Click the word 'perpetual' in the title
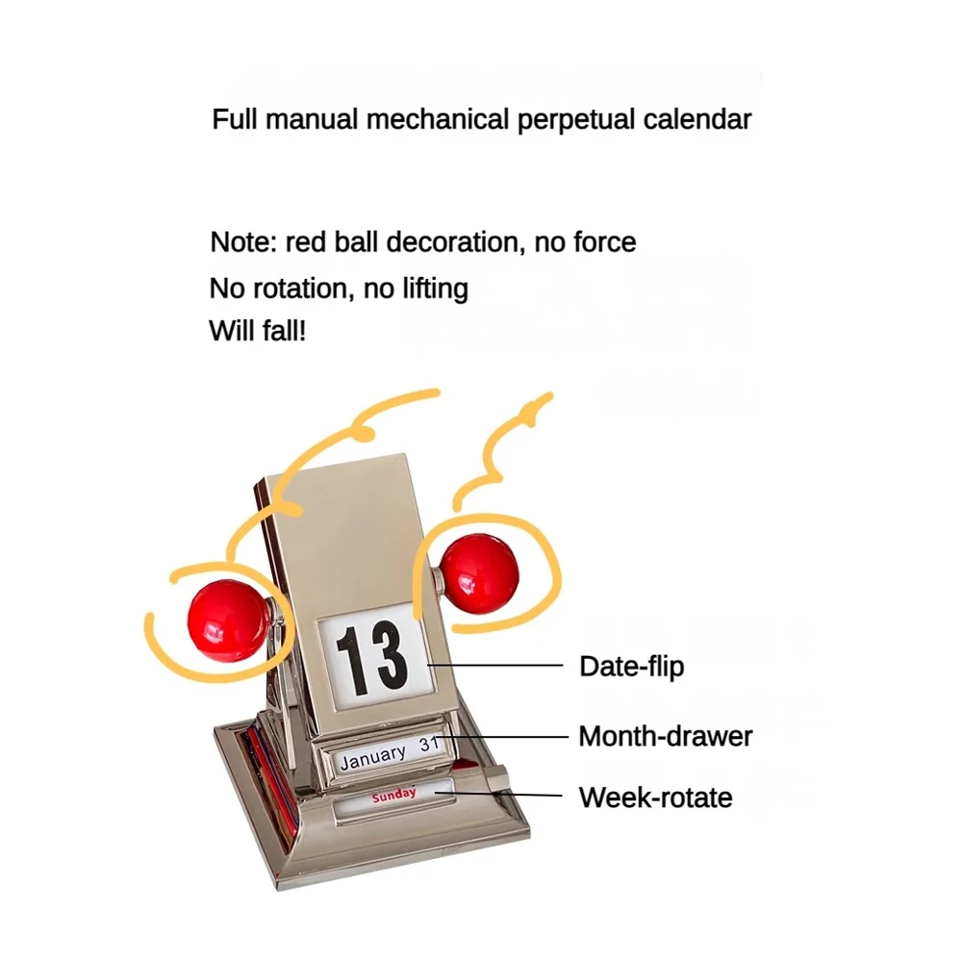(574, 120)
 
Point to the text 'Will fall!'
(257, 332)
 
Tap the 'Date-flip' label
(631, 666)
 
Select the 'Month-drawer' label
(665, 737)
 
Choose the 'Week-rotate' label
(655, 797)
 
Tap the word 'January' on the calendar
(373, 757)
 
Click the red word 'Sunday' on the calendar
(394, 794)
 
